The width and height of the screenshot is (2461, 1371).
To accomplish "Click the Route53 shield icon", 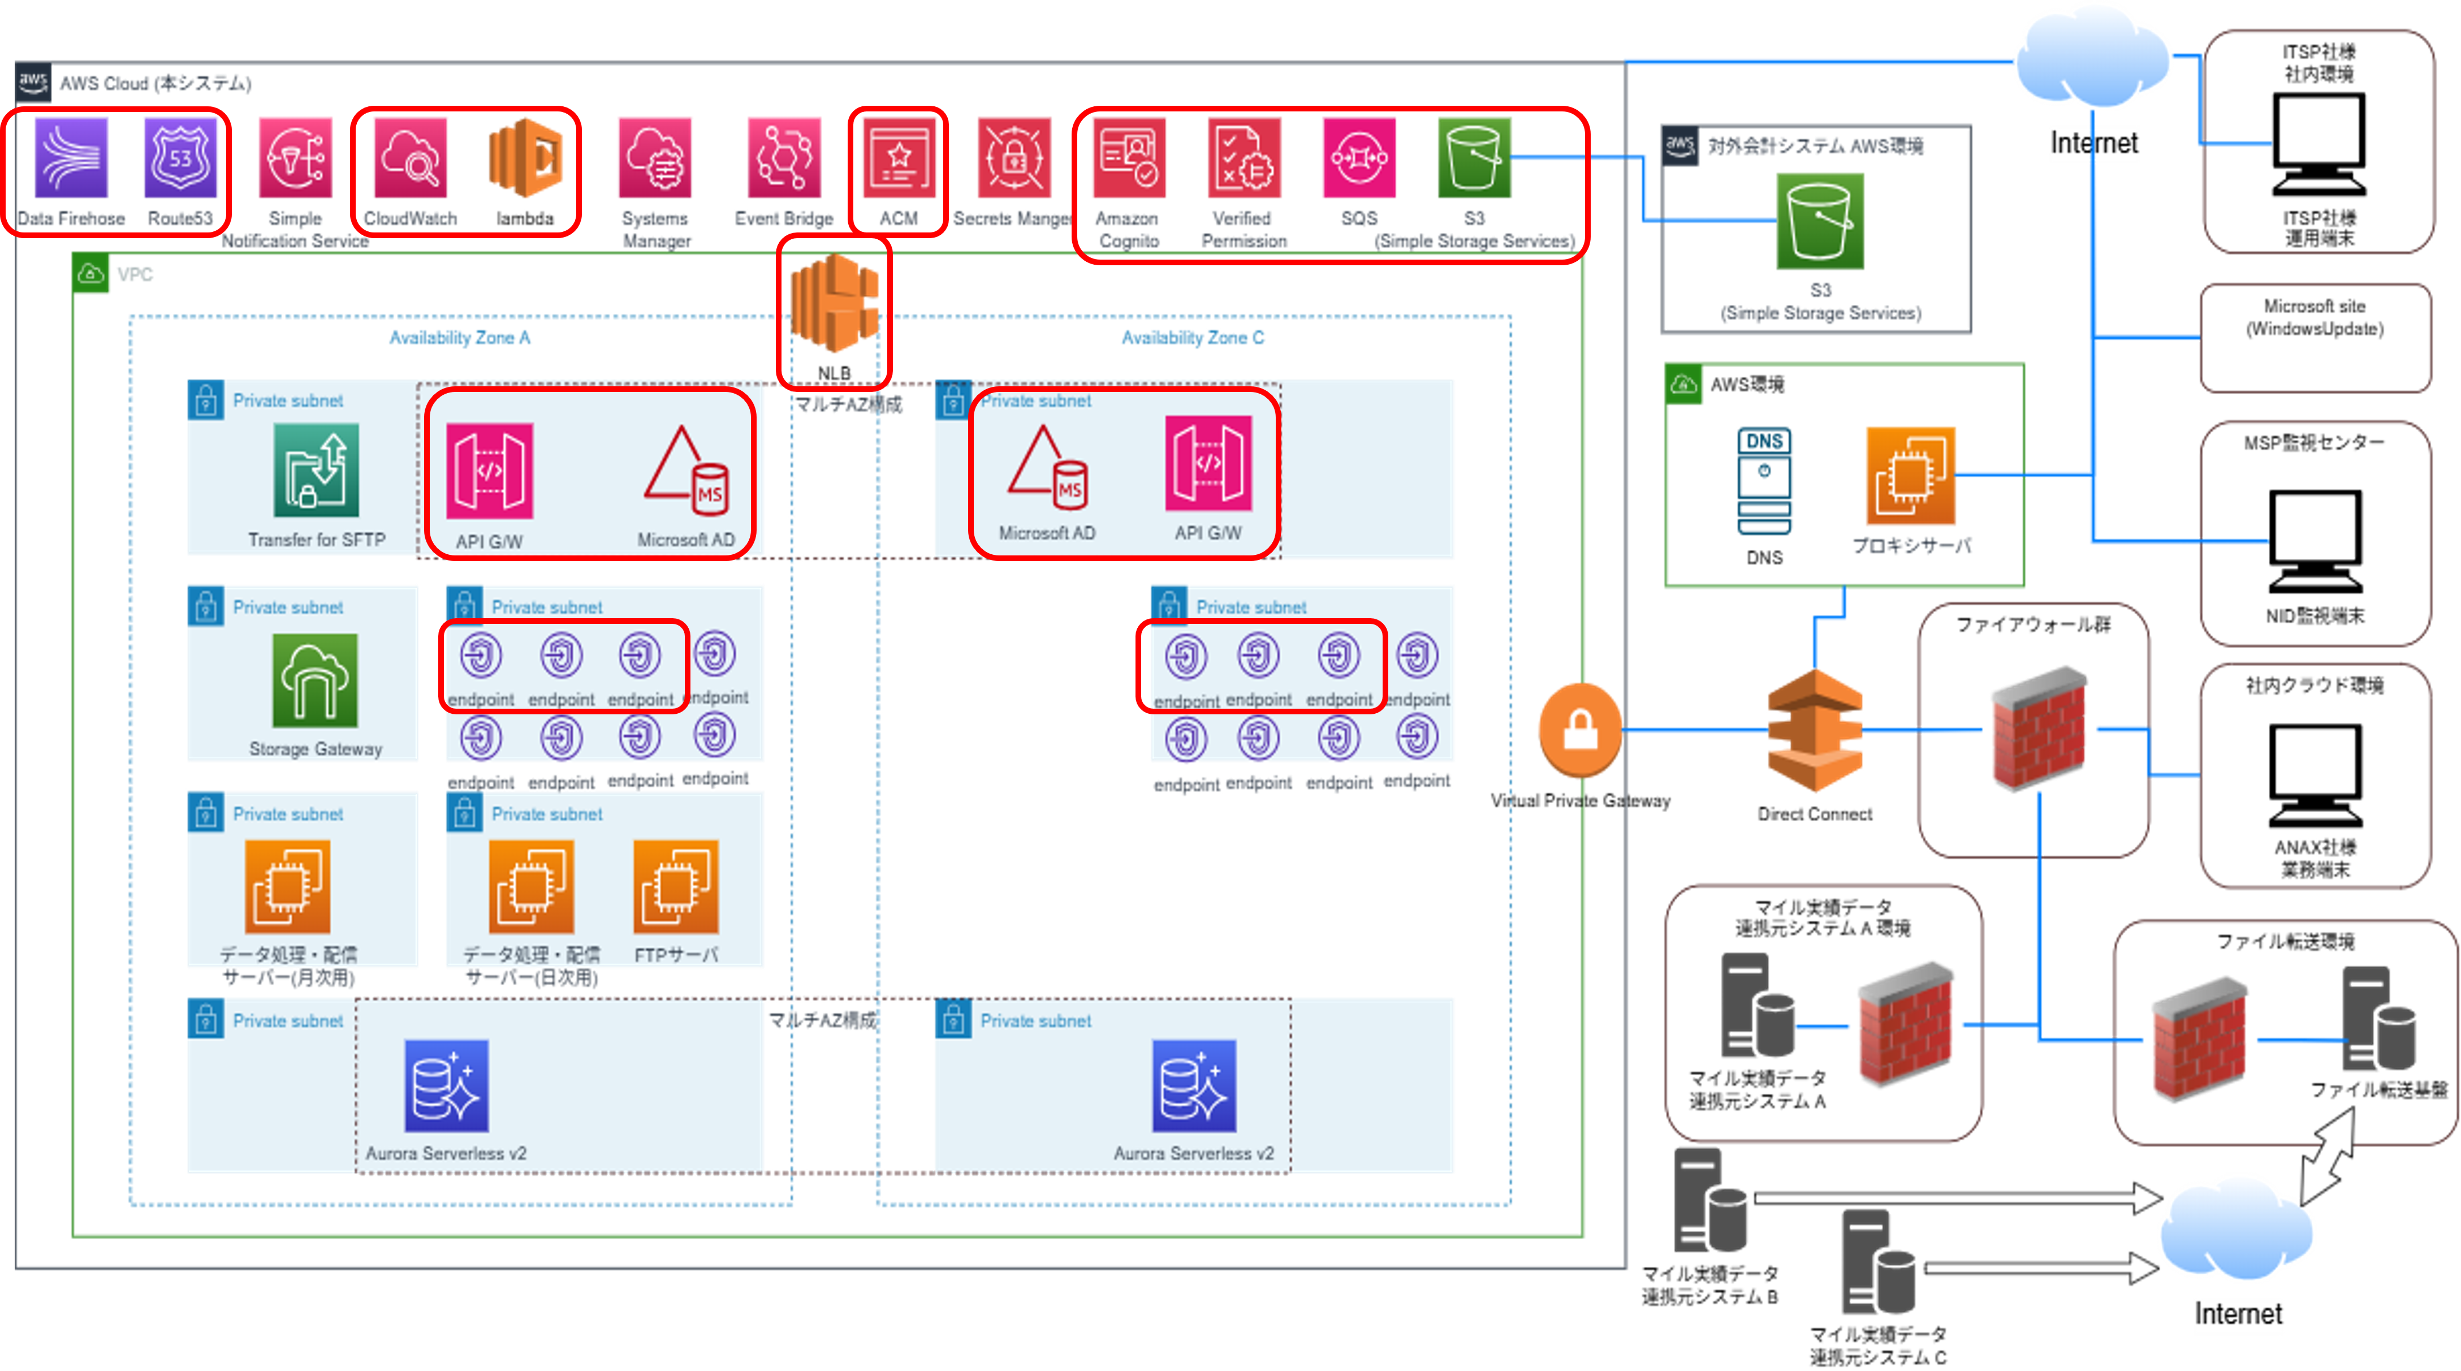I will (180, 158).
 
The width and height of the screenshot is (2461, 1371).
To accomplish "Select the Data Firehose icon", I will (72, 158).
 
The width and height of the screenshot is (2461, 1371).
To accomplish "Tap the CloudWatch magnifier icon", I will (410, 158).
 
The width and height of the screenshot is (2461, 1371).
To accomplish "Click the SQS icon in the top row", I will (1358, 158).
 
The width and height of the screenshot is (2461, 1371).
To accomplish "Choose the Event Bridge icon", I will (783, 158).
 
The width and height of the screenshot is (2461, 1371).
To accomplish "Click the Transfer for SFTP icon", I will (316, 470).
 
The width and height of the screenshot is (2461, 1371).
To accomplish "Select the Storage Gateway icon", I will (316, 680).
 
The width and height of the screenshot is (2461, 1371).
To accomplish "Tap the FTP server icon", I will (675, 887).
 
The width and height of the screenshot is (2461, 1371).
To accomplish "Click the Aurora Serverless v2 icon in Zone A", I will (446, 1085).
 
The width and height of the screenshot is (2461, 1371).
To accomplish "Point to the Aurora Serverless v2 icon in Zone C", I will (1194, 1085).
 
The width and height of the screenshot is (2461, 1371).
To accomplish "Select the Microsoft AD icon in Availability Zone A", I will (686, 466).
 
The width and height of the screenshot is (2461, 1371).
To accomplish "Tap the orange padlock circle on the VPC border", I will (1580, 730).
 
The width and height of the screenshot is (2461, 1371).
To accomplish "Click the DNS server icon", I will (1764, 481).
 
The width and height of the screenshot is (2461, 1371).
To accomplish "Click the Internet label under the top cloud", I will (2093, 143).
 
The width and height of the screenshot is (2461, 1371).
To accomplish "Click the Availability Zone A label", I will (460, 337).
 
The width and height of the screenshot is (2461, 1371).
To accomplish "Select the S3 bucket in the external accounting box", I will (1820, 222).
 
